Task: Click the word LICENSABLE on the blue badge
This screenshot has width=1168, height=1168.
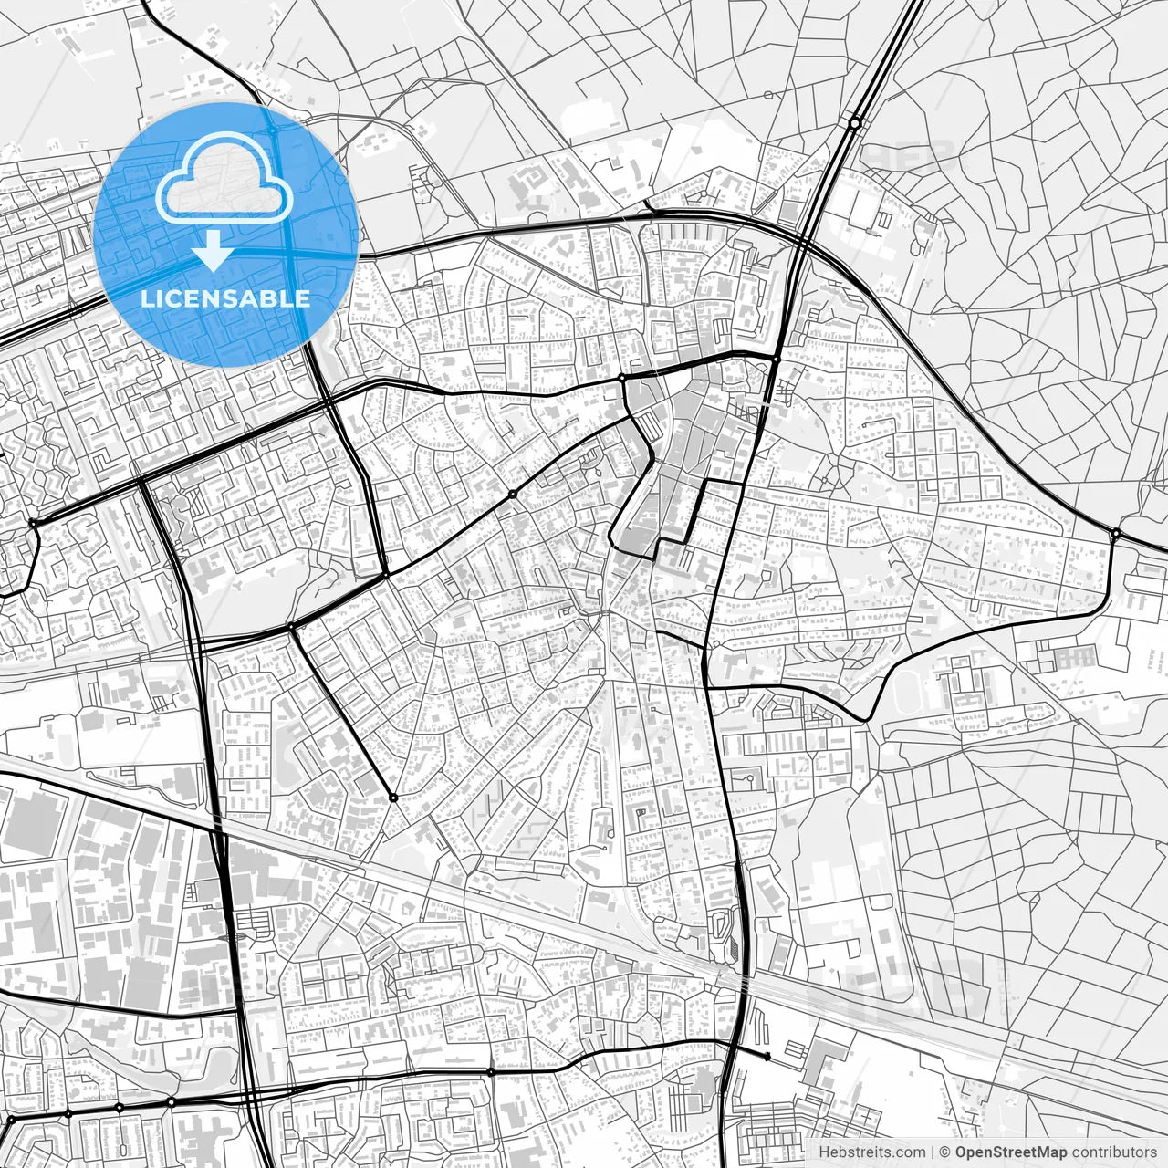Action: pos(224,298)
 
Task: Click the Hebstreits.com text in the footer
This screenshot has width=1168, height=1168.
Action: pos(871,1152)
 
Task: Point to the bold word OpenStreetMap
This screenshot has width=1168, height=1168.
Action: pos(1011,1152)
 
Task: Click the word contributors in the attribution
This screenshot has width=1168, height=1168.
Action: pos(1114,1152)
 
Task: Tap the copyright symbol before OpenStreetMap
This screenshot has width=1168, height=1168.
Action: pos(946,1152)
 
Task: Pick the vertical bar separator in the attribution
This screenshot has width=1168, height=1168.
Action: pos(933,1152)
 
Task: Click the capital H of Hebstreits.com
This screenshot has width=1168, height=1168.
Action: pos(824,1152)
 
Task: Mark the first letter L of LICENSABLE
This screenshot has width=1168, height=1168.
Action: pos(145,298)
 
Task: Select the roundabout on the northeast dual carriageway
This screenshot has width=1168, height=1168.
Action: pos(854,122)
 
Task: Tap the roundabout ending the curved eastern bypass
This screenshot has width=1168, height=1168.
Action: pos(1115,533)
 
